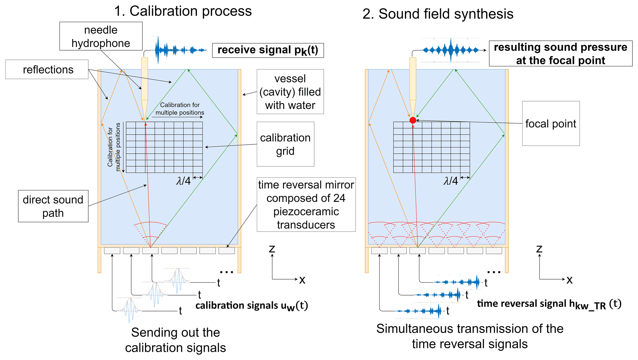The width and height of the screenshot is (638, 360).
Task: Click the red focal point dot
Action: (413, 120)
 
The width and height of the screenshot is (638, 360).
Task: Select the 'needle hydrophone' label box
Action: (101, 36)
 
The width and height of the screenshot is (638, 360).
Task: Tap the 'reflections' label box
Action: (47, 69)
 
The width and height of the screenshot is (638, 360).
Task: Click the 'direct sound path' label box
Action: (53, 206)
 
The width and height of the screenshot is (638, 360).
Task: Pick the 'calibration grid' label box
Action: (285, 144)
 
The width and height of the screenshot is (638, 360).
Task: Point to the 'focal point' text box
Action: (551, 123)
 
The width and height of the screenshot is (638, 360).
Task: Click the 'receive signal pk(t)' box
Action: (268, 50)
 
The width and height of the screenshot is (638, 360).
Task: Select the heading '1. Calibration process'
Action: (183, 11)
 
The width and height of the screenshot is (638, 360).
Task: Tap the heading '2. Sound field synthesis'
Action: (438, 14)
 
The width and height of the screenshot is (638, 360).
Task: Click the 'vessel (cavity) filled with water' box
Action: (290, 92)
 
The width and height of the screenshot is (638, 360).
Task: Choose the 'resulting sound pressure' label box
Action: (560, 53)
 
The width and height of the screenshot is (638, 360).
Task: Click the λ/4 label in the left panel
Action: (183, 181)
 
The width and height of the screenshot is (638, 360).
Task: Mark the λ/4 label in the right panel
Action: (451, 181)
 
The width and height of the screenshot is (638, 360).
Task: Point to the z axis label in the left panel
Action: (272, 249)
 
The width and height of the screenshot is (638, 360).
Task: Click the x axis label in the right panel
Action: (569, 280)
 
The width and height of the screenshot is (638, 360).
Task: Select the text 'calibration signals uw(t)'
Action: (252, 306)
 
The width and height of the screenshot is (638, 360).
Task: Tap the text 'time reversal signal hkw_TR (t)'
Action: (549, 304)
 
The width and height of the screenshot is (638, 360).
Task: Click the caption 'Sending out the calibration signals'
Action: (175, 340)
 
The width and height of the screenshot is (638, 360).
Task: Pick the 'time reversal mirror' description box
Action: (306, 205)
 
